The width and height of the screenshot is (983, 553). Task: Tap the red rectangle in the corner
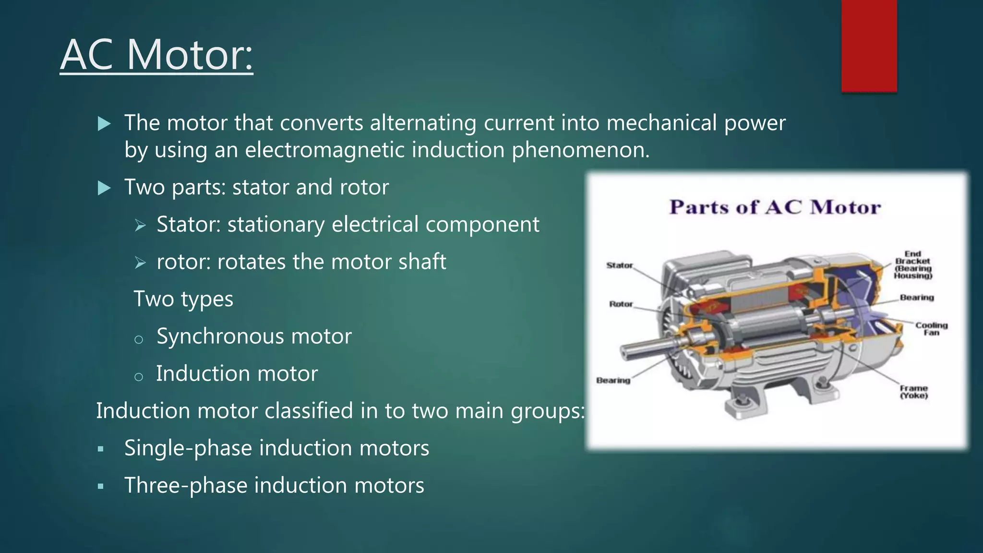click(869, 46)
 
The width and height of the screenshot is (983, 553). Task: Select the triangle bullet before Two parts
click(104, 188)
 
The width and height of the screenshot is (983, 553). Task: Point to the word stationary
click(276, 225)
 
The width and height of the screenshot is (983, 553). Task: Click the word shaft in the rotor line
click(424, 262)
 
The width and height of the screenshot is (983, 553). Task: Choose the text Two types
click(183, 299)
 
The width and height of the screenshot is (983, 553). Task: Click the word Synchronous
click(221, 336)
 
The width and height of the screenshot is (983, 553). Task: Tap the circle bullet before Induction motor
click(139, 377)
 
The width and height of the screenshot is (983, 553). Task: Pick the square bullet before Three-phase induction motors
click(100, 486)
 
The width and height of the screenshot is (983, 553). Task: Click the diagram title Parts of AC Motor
click(775, 207)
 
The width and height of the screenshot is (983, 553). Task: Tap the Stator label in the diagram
click(619, 265)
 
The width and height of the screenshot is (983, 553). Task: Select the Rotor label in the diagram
click(621, 304)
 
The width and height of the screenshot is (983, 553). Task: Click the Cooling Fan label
click(931, 329)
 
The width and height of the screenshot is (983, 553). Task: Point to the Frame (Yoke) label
click(913, 392)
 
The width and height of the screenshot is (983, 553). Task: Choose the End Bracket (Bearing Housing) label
click(912, 265)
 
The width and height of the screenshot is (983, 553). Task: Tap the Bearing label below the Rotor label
click(613, 380)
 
